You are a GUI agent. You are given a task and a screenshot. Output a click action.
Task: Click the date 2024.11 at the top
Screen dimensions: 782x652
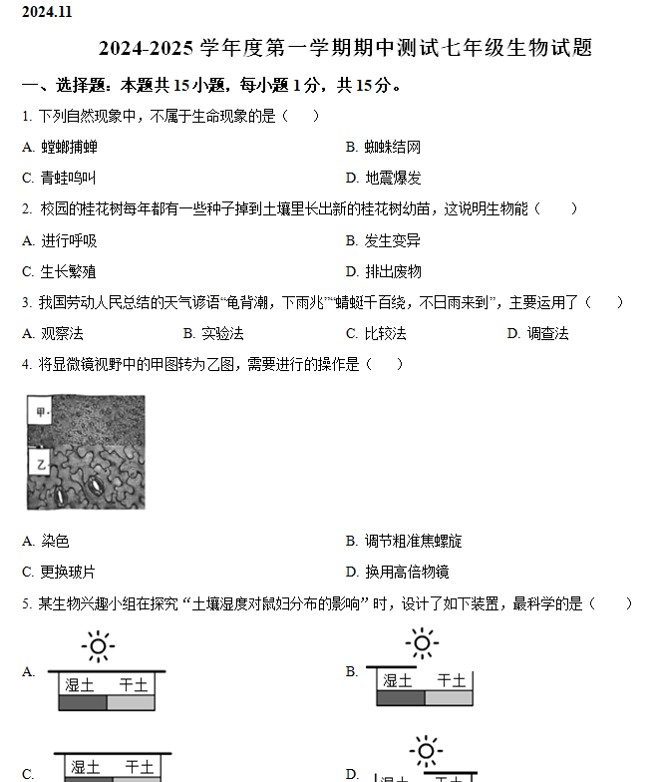pos(47,12)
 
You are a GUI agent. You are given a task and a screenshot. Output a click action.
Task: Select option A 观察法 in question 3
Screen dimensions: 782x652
pos(53,333)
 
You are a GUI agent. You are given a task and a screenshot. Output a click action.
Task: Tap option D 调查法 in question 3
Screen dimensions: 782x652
pos(537,333)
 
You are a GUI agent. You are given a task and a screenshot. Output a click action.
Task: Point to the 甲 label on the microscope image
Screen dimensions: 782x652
pos(41,411)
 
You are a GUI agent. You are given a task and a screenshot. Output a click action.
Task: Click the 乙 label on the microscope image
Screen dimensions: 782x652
pos(41,465)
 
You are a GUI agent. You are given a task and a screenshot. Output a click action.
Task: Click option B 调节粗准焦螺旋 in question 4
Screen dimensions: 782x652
pos(404,542)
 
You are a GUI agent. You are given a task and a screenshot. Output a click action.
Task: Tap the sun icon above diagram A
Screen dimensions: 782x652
pos(98,646)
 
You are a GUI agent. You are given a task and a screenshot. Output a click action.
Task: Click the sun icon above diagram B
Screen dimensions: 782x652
pos(422,643)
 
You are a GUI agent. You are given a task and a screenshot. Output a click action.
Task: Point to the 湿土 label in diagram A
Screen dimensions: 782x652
pos(80,685)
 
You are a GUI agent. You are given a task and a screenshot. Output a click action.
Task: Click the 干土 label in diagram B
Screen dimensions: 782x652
pos(452,681)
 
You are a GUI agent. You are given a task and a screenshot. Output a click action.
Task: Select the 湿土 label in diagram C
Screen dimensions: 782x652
pos(85,767)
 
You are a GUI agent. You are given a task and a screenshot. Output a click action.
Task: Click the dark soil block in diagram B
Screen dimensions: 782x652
pos(401,698)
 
